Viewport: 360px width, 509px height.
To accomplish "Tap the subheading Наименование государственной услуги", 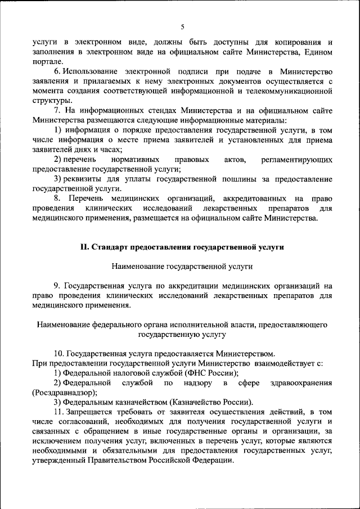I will tap(182, 265).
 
